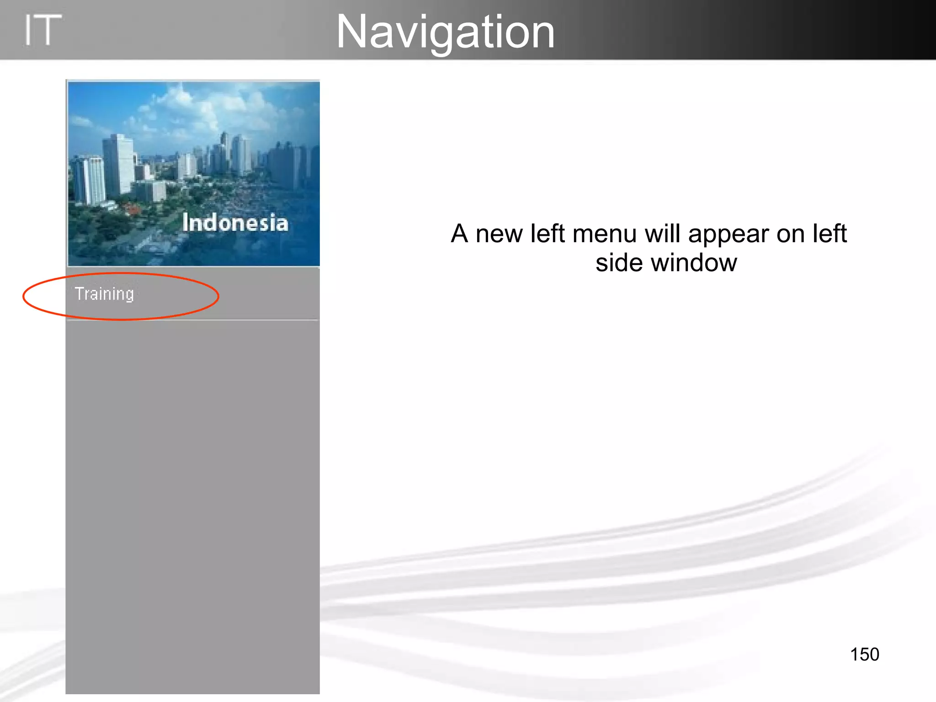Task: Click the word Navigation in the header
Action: (445, 32)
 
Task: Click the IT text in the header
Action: (42, 30)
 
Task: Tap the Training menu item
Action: (104, 294)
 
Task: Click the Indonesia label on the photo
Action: (235, 223)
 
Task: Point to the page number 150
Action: (864, 654)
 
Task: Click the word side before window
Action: (620, 263)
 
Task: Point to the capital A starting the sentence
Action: (460, 234)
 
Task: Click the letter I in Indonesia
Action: (186, 223)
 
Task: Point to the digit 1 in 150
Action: (854, 654)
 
